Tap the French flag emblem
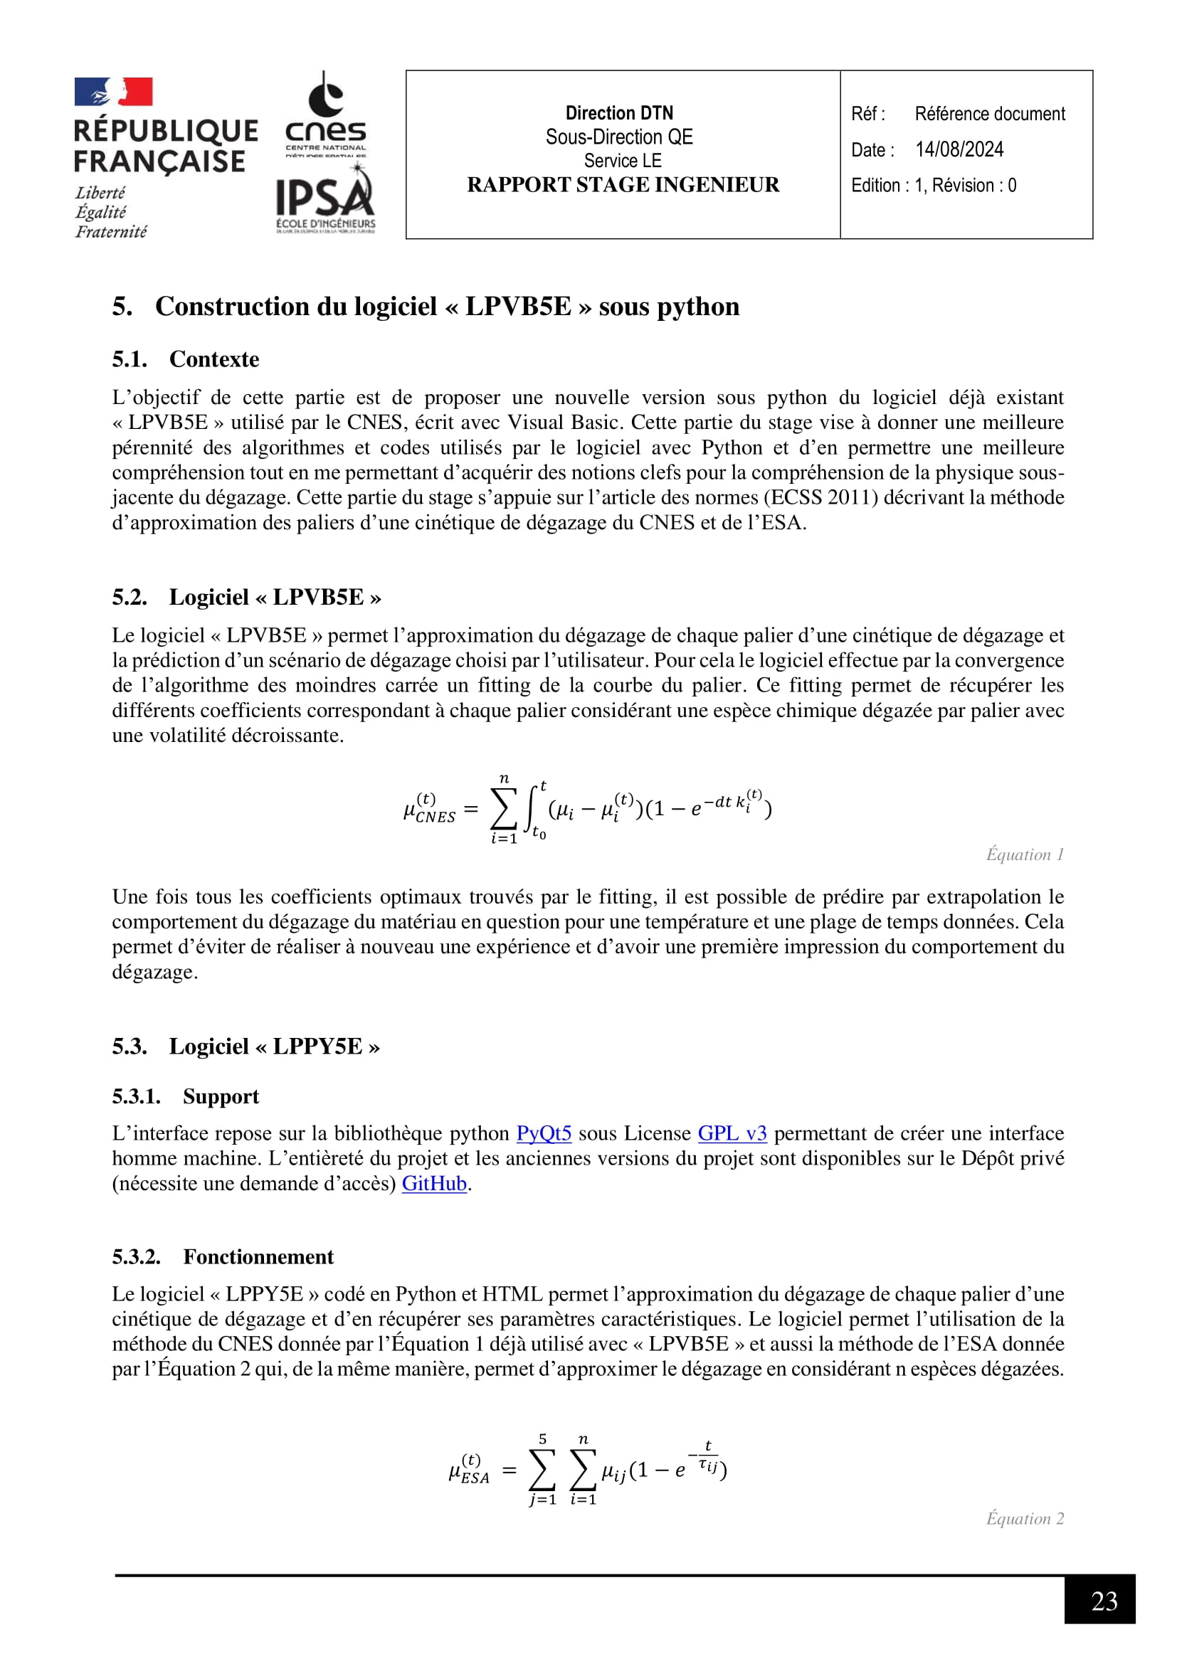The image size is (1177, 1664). click(x=113, y=92)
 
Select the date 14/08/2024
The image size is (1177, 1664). click(x=959, y=149)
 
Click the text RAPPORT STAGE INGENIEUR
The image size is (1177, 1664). click(x=623, y=185)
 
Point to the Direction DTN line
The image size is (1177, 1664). click(x=619, y=113)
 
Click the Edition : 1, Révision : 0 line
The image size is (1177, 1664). click(x=934, y=186)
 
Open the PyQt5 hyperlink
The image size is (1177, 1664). click(x=544, y=1133)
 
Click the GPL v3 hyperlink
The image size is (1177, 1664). click(x=732, y=1133)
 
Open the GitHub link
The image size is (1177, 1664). click(x=434, y=1183)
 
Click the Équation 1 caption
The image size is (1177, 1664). click(x=1024, y=854)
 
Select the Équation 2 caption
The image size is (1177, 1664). click(x=1024, y=1518)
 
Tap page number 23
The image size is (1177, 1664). click(x=1103, y=1600)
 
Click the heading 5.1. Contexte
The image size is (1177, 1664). click(x=186, y=359)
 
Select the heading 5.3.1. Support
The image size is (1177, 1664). click(x=186, y=1096)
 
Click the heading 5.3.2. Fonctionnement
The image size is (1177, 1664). click(x=223, y=1256)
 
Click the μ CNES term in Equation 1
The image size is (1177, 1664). click(x=428, y=809)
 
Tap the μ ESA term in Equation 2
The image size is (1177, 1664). click(x=469, y=1470)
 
